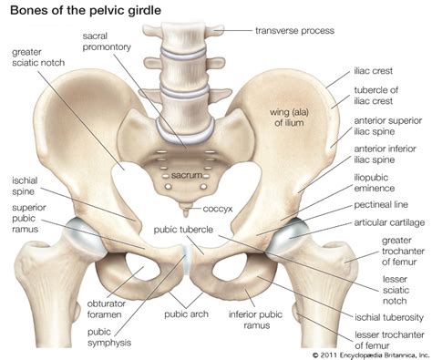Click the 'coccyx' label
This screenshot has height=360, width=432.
point(219,208)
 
